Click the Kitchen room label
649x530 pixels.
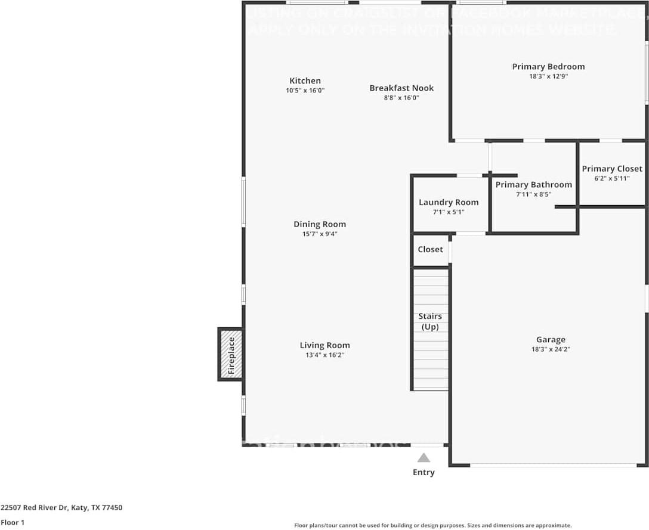pyautogui.click(x=305, y=80)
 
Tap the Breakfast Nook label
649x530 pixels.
pyautogui.click(x=401, y=88)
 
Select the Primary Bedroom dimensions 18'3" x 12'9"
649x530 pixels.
pyautogui.click(x=548, y=76)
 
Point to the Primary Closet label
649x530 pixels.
pyautogui.click(x=612, y=169)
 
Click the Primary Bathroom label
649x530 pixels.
pyautogui.click(x=533, y=184)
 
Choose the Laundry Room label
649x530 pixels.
pyautogui.click(x=449, y=202)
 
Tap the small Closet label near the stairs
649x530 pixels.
pyautogui.click(x=430, y=249)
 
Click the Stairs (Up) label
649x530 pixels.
pyautogui.click(x=431, y=321)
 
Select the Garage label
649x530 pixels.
pyautogui.click(x=550, y=339)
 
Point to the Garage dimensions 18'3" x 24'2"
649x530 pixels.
pyautogui.click(x=550, y=349)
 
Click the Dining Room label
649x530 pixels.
pyautogui.click(x=319, y=224)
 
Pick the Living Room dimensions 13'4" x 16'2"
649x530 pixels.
pyautogui.click(x=324, y=355)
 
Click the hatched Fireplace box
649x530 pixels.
pyautogui.click(x=231, y=354)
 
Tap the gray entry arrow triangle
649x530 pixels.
pyautogui.click(x=424, y=458)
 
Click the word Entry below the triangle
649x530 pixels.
pyautogui.click(x=424, y=472)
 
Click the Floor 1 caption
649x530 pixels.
pyautogui.click(x=13, y=522)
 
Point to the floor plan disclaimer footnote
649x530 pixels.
pyautogui.click(x=432, y=525)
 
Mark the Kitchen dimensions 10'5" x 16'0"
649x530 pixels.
pyautogui.click(x=305, y=91)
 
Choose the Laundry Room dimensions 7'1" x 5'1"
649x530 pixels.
pyautogui.click(x=449, y=212)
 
